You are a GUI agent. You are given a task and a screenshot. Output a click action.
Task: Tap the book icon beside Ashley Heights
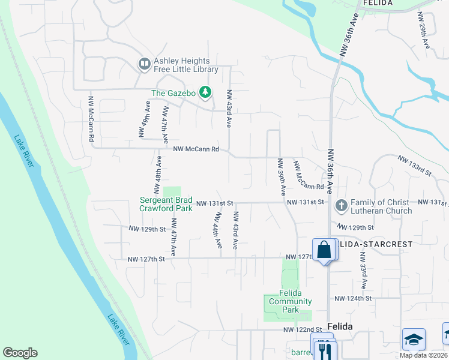tap(144, 63)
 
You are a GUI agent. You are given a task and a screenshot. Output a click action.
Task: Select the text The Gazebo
tap(173, 93)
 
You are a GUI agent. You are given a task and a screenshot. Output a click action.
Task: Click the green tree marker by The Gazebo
tap(206, 92)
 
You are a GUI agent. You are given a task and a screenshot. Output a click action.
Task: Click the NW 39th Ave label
tap(281, 177)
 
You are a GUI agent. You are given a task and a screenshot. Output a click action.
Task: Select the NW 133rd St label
tap(415, 165)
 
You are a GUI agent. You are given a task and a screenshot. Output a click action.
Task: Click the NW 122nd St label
tap(304, 330)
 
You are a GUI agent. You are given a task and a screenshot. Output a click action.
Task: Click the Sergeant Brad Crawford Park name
tap(166, 204)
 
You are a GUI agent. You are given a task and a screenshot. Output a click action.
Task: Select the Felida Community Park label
tap(289, 301)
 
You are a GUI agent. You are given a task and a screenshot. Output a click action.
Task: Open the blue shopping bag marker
tap(324, 249)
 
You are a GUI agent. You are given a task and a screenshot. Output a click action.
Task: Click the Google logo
tap(20, 353)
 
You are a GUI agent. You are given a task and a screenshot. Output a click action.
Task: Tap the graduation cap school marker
tap(414, 340)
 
